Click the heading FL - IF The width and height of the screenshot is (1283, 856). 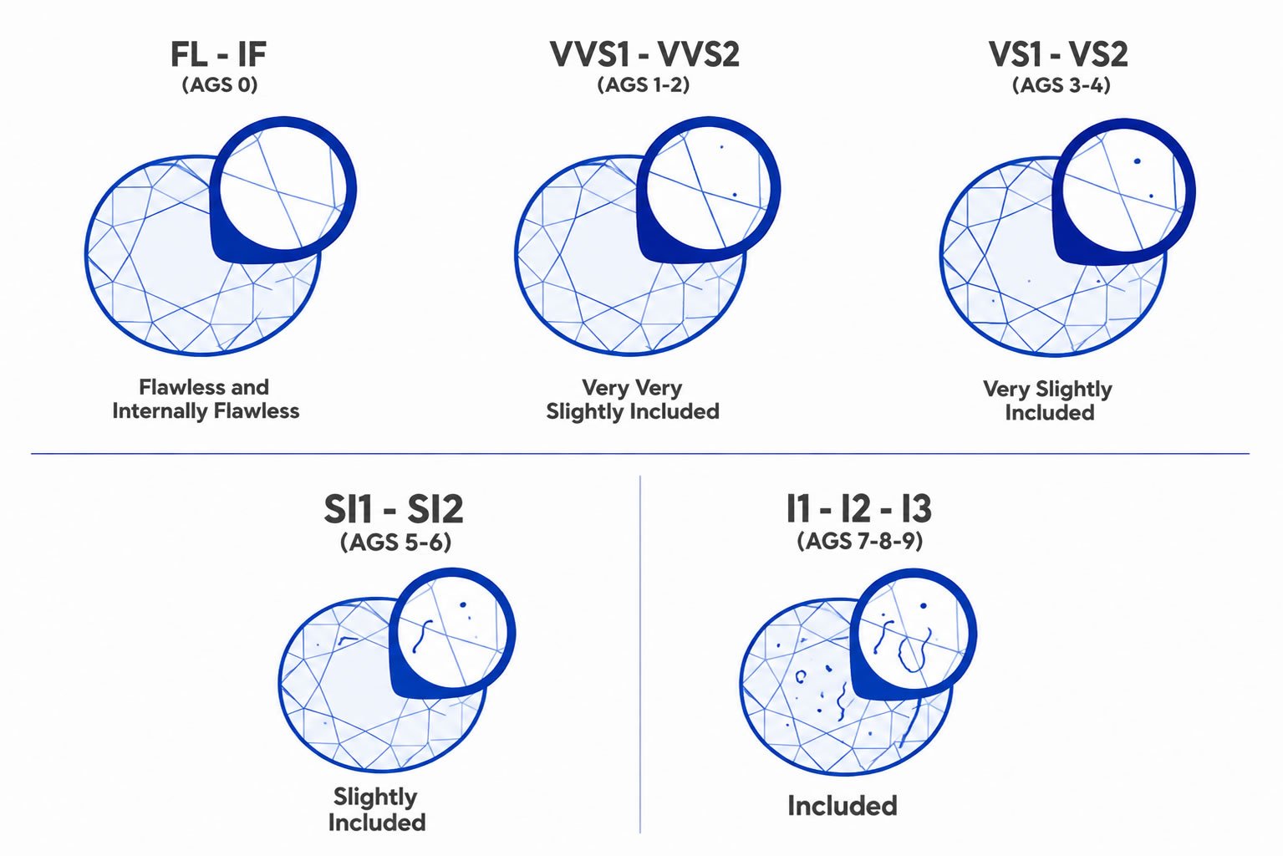point(218,54)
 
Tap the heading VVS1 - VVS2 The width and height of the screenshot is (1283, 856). point(644,54)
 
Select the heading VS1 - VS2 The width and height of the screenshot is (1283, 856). point(1058,54)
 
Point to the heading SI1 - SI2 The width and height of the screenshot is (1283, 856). point(394,509)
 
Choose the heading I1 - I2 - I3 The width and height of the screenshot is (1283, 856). point(859,508)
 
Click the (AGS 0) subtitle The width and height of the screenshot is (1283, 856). point(220,84)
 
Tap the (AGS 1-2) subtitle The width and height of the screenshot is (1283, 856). point(644,84)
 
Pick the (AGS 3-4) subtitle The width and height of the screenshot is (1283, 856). point(1062,85)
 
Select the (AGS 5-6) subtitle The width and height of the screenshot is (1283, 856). point(396,542)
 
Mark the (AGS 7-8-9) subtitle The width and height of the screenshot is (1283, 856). point(860,541)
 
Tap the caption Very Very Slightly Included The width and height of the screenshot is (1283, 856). point(633,400)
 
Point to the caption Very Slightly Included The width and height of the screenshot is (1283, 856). point(1048,400)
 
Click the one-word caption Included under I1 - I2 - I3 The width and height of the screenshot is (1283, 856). point(843,806)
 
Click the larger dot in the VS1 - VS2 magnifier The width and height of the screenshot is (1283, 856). point(1137,161)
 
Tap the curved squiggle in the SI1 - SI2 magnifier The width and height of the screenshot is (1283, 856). point(423,636)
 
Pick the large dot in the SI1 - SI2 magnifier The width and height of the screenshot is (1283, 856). point(463,605)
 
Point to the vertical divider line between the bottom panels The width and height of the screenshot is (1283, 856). point(639,654)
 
